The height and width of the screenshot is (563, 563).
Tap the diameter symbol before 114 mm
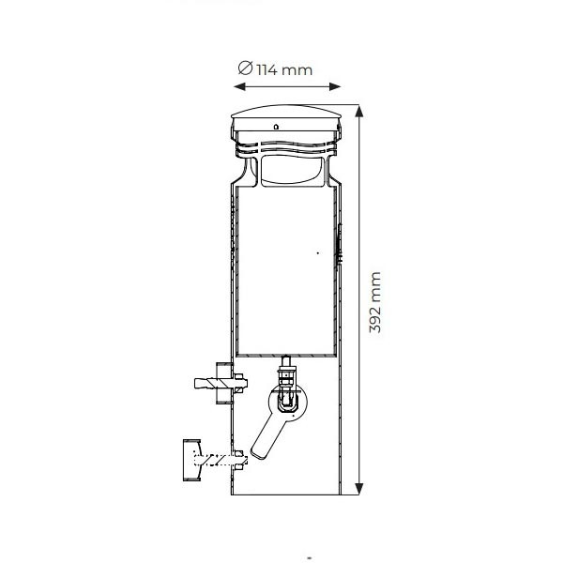coord(246,68)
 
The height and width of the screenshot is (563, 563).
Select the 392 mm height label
coord(374,303)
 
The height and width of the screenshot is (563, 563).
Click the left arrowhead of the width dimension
coord(239,86)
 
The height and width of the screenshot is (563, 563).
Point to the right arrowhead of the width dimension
coord(335,86)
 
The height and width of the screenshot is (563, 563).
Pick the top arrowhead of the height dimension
coord(359,111)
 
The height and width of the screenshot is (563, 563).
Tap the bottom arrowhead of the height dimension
coord(359,489)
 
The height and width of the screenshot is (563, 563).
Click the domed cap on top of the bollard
coord(286,112)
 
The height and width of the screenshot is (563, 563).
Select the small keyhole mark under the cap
coord(276,127)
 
